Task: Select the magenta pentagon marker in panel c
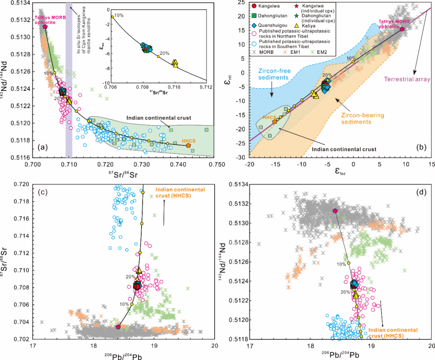pyautogui.click(x=119, y=327)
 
